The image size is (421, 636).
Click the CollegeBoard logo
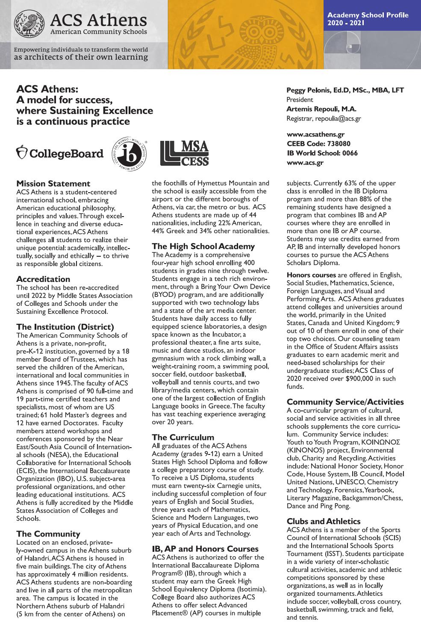pos(60,153)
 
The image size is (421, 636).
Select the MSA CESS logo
pos(185,153)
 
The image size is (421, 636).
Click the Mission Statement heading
pos(53,184)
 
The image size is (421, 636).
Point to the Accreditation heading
pos(43,279)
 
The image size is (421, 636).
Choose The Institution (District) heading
pos(65,327)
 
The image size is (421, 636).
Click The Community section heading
pos(48,534)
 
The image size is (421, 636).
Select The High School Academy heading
pos(203,246)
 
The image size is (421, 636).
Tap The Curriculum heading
pos(183,437)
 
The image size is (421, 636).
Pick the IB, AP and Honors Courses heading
pos(205,549)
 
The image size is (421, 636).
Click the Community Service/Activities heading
pos(345,402)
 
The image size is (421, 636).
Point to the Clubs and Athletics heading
pos(324,522)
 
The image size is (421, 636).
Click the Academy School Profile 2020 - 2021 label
pos(368,19)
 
